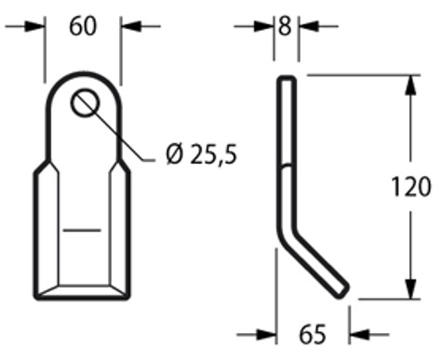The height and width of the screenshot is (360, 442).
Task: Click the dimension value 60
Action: pyautogui.click(x=83, y=26)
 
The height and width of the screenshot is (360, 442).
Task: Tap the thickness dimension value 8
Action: pyautogui.click(x=285, y=26)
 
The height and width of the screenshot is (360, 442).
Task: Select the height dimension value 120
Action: pyautogui.click(x=411, y=186)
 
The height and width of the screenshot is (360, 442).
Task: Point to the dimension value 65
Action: pyautogui.click(x=313, y=334)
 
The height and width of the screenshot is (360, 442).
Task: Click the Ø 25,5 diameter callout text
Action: pyautogui.click(x=202, y=154)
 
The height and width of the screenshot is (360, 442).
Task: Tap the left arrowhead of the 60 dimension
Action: pyautogui.click(x=35, y=26)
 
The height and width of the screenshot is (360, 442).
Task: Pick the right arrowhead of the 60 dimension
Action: pyautogui.click(x=131, y=26)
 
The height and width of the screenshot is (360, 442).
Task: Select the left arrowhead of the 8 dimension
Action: pyautogui.click(x=263, y=26)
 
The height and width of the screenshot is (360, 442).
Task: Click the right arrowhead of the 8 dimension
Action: pyautogui.click(x=309, y=26)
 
